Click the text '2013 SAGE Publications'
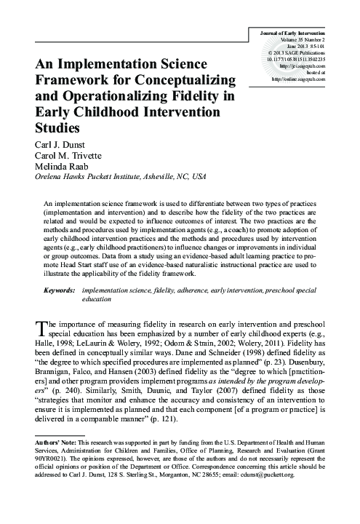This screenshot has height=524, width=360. point(310,52)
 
